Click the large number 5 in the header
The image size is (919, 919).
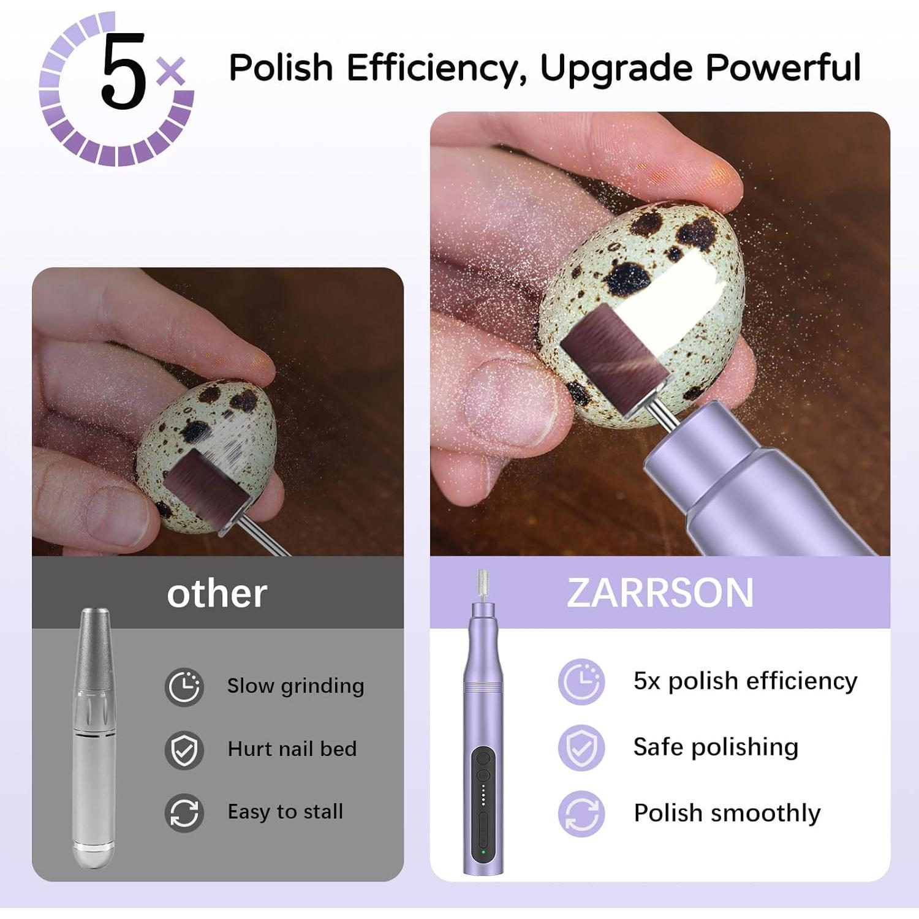(x=124, y=72)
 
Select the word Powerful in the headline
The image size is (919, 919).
(x=783, y=67)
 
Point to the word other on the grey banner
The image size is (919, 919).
(x=217, y=593)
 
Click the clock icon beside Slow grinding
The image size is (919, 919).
(x=184, y=686)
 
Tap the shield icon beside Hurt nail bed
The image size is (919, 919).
(x=184, y=749)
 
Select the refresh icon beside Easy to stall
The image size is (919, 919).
(x=184, y=812)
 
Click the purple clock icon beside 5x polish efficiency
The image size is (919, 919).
(x=581, y=681)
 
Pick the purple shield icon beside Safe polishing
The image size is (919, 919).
(x=581, y=747)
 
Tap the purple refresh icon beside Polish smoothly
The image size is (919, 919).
(x=581, y=814)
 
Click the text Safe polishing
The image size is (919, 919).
(x=716, y=747)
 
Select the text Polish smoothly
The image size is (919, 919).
(x=727, y=814)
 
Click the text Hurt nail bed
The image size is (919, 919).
(x=292, y=749)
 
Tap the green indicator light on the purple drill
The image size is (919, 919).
(x=483, y=852)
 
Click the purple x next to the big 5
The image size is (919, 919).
(x=171, y=71)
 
